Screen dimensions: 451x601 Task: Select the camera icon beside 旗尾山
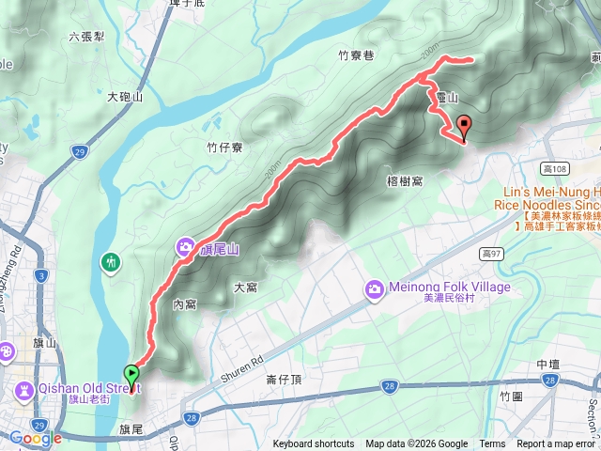(x=184, y=247)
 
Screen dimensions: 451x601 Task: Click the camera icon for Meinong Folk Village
(x=375, y=288)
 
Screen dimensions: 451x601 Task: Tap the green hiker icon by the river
(x=112, y=261)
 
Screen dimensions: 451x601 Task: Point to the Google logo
(x=35, y=438)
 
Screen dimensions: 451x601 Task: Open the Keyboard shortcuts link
(x=314, y=444)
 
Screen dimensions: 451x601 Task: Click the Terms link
(x=492, y=444)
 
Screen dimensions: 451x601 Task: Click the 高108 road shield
(x=556, y=169)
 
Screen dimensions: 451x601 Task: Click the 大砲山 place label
(x=125, y=97)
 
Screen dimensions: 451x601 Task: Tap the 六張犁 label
(x=85, y=38)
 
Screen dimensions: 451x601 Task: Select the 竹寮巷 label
(x=356, y=55)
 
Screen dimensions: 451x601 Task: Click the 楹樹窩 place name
(x=405, y=179)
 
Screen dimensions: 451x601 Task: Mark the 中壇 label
(x=548, y=364)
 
